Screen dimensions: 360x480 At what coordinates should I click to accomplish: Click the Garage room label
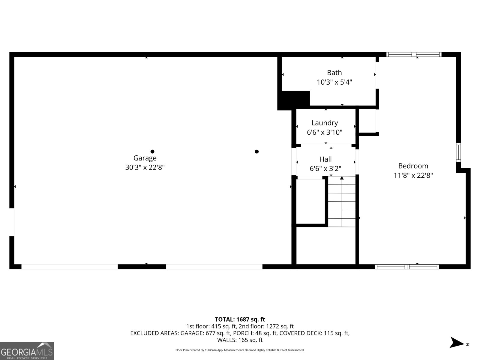point(145,158)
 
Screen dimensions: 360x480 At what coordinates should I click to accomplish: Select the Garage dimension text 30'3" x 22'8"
point(145,167)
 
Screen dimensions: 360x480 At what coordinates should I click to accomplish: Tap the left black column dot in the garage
point(152,151)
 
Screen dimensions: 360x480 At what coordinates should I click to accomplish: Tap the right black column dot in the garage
point(257,151)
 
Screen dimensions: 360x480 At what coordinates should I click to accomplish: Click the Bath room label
point(334,73)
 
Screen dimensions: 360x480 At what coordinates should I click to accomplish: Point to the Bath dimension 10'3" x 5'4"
point(334,82)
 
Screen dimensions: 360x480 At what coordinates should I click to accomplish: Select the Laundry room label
point(325,123)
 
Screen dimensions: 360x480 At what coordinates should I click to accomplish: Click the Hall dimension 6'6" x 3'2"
point(325,169)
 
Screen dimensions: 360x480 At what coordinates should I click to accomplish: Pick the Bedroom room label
point(413,166)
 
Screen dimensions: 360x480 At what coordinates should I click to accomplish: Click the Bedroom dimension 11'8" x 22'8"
point(413,175)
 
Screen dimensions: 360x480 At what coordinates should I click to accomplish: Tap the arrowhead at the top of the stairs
point(342,178)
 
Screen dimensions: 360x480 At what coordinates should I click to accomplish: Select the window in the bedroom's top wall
point(414,54)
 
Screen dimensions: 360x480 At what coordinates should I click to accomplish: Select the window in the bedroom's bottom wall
point(407,267)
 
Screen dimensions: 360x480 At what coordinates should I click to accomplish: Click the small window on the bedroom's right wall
point(458,152)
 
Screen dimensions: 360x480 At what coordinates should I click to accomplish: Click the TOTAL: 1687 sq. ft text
point(240,319)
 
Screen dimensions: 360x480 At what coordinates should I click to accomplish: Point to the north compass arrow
point(457,342)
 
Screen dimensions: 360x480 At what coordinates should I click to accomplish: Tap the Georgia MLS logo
point(27,351)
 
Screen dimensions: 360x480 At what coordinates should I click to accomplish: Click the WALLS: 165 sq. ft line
point(240,340)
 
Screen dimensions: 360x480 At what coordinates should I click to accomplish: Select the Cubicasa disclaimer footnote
point(240,350)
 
